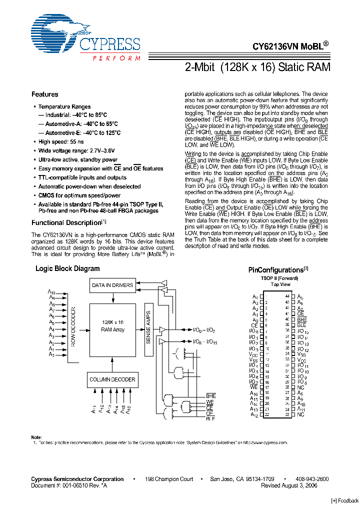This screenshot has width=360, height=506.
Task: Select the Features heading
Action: [x=44, y=94]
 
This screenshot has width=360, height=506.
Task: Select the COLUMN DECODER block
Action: [x=112, y=379]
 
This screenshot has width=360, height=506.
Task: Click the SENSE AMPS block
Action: [x=148, y=330]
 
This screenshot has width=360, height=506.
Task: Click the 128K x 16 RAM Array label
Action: [x=112, y=326]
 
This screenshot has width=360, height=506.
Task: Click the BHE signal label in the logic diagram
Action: [x=210, y=395]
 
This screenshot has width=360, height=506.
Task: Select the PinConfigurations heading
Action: [x=276, y=270]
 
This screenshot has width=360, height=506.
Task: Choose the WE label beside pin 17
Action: [x=254, y=387]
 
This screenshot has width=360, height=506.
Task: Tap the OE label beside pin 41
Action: [x=300, y=313]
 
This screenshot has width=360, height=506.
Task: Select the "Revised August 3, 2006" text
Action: [x=289, y=485]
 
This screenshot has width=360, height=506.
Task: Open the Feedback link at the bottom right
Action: [x=345, y=501]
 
